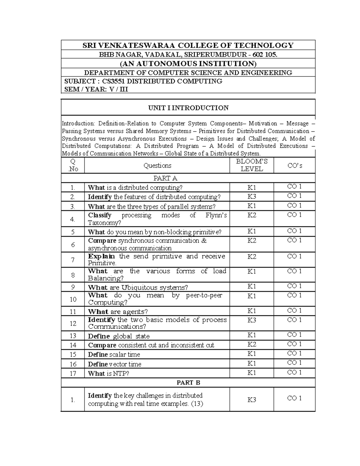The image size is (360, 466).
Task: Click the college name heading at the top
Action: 188,45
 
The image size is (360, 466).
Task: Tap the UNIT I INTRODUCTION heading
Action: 188,108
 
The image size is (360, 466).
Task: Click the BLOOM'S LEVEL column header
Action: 251,165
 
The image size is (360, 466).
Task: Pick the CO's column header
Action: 294,165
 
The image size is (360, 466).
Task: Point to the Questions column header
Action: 157,165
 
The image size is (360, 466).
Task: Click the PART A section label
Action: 165,178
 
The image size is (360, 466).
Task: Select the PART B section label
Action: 188,383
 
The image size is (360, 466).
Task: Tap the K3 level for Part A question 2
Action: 251,197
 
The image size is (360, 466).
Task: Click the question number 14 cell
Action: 73,345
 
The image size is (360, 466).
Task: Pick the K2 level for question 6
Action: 251,241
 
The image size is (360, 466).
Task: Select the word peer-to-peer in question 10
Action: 204,295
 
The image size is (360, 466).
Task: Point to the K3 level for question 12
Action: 251,320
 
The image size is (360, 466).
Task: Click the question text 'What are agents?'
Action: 118,311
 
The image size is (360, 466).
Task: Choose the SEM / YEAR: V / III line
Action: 96,89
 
